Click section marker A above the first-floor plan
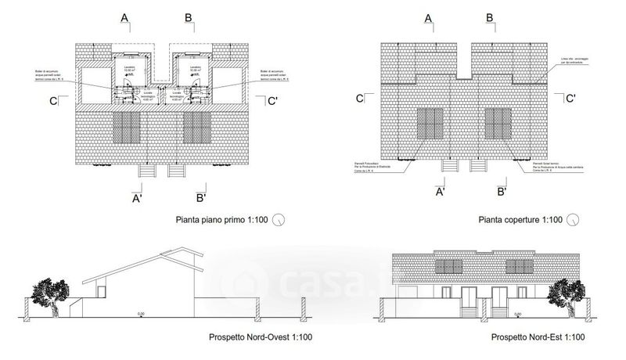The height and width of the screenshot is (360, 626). [x=125, y=17]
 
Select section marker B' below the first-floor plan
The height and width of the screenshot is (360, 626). [x=200, y=197]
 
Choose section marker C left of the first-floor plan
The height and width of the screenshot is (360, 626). [x=52, y=100]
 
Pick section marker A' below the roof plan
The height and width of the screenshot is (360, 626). [x=440, y=192]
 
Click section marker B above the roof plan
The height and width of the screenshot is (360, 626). [x=489, y=17]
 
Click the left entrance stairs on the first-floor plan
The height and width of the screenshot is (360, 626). [x=146, y=171]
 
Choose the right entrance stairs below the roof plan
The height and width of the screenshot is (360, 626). [x=476, y=165]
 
